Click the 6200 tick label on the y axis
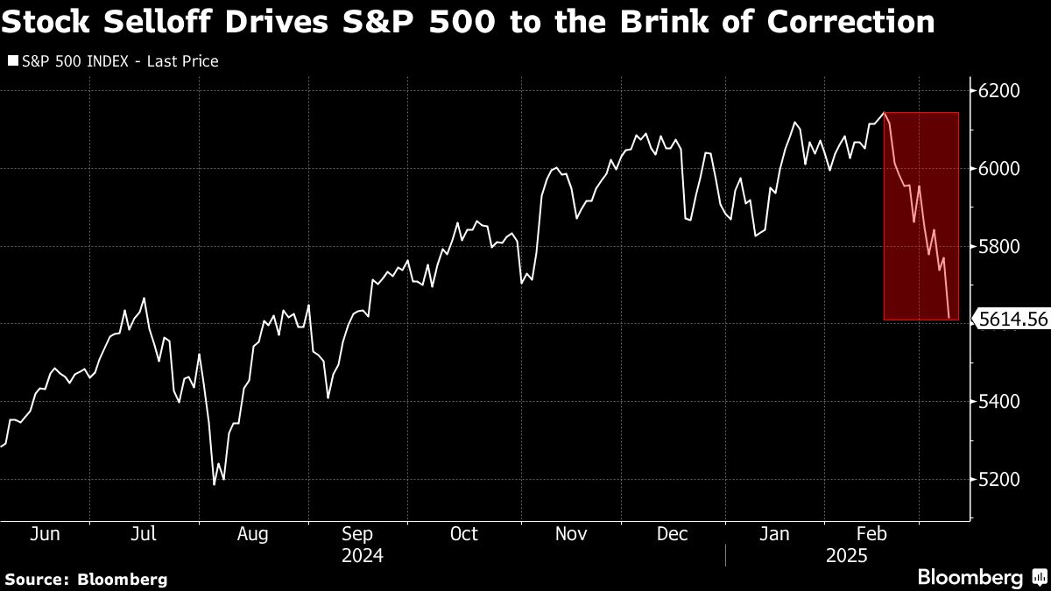(x=999, y=91)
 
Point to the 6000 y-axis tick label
(x=999, y=168)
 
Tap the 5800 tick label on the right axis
(x=999, y=246)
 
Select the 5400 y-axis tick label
(x=999, y=402)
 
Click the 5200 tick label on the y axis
(x=999, y=480)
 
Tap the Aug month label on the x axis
(x=252, y=534)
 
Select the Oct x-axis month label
(x=464, y=534)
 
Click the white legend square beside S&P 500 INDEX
(x=11, y=62)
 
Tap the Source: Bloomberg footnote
(x=86, y=579)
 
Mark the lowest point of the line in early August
(x=214, y=484)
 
